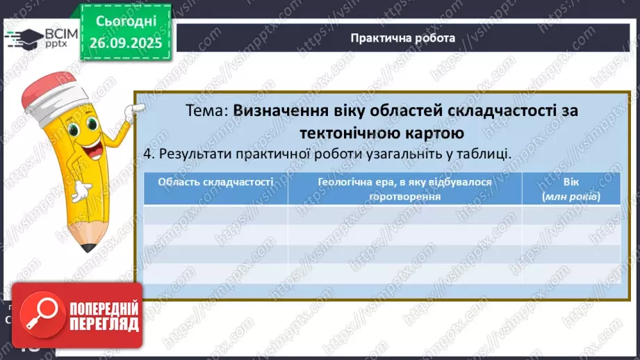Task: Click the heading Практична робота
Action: [x=403, y=38]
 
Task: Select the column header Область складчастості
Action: [x=215, y=182]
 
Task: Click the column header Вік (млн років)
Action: [x=571, y=188]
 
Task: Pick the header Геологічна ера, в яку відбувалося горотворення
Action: [x=405, y=188]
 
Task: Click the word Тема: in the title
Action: [x=207, y=111]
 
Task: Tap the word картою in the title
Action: [x=435, y=133]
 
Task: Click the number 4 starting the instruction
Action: [x=147, y=154]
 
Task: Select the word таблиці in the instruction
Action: [x=485, y=154]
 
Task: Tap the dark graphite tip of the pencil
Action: [x=88, y=247]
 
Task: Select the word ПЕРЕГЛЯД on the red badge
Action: [x=104, y=325]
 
